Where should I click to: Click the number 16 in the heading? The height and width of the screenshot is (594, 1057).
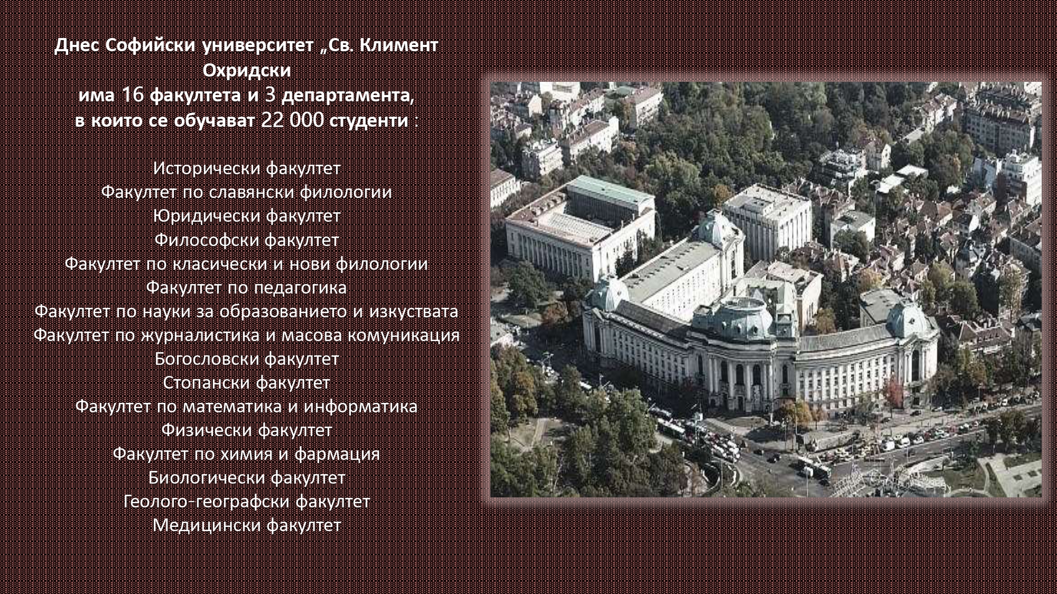pyautogui.click(x=132, y=95)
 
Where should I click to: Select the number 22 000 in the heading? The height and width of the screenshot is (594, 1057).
pyautogui.click(x=292, y=120)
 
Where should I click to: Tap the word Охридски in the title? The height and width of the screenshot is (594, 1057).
pyautogui.click(x=247, y=70)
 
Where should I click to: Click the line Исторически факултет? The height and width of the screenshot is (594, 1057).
pyautogui.click(x=247, y=168)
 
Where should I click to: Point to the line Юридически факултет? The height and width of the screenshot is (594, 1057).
pyautogui.click(x=247, y=215)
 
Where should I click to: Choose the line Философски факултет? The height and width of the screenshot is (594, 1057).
pyautogui.click(x=247, y=240)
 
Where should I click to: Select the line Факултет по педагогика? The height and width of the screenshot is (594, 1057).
pyautogui.click(x=246, y=287)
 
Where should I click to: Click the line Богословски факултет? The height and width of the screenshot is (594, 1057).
pyautogui.click(x=247, y=359)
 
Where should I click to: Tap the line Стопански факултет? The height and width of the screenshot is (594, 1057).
pyautogui.click(x=246, y=382)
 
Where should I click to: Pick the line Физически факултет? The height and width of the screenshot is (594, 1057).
pyautogui.click(x=247, y=430)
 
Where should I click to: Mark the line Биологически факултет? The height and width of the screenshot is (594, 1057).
pyautogui.click(x=247, y=477)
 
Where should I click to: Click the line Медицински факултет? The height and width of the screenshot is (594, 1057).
pyautogui.click(x=247, y=525)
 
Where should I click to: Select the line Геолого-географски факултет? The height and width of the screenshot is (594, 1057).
pyautogui.click(x=247, y=501)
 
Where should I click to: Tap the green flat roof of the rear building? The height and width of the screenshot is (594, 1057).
pyautogui.click(x=611, y=190)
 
